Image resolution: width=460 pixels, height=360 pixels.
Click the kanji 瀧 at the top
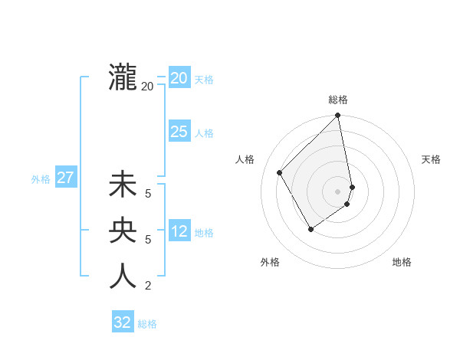point(123,77)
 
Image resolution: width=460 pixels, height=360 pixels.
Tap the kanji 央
point(123,231)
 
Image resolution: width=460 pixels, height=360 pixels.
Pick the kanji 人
point(123,276)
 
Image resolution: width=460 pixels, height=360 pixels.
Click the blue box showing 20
point(179,78)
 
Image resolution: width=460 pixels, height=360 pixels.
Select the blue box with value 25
point(179,132)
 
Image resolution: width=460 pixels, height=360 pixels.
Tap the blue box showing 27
point(65,178)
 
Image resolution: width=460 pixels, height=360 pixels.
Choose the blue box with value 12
point(179,231)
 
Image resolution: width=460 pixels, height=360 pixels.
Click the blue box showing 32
point(123,322)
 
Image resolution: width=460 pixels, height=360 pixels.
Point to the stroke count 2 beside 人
point(148,286)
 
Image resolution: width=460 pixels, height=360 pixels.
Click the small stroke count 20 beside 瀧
point(147,87)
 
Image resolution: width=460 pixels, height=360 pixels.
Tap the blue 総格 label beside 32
point(147,324)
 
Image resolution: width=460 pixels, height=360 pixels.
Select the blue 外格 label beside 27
point(41,179)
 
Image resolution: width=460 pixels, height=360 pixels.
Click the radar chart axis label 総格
point(338,100)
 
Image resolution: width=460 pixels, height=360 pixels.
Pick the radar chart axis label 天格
point(431,159)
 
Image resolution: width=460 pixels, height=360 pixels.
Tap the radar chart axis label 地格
point(402,263)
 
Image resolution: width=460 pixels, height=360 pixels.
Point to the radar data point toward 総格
point(338,116)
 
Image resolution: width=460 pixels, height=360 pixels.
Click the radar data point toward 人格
point(280,172)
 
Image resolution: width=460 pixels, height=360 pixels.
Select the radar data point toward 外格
point(310,229)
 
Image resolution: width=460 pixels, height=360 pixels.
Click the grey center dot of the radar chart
point(337,191)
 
